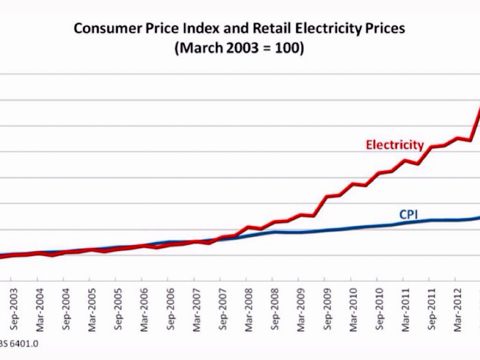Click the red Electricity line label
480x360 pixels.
pyautogui.click(x=395, y=145)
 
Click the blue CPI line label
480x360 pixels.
pyautogui.click(x=408, y=215)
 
